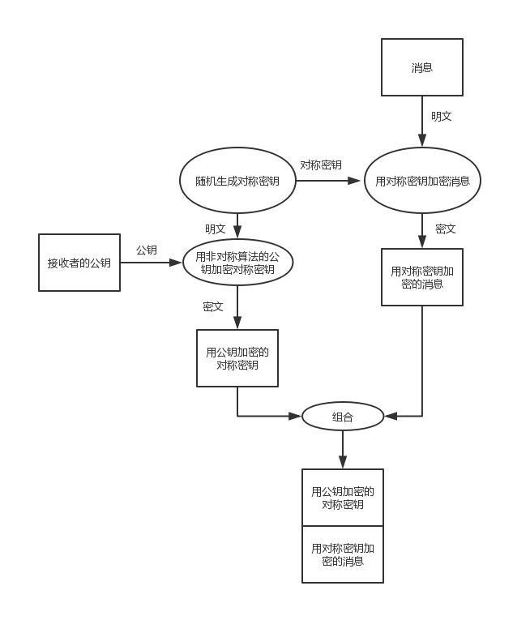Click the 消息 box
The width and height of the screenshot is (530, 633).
pyautogui.click(x=422, y=67)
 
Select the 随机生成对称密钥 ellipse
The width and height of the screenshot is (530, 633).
pyautogui.click(x=237, y=181)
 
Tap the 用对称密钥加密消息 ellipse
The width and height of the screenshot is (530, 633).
pyautogui.click(x=422, y=181)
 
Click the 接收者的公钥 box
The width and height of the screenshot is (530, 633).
pyautogui.click(x=79, y=263)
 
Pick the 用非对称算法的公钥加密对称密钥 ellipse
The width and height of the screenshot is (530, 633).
pyautogui.click(x=237, y=263)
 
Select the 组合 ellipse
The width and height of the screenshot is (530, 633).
pyautogui.click(x=343, y=417)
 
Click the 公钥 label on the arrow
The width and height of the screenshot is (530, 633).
pyautogui.click(x=147, y=250)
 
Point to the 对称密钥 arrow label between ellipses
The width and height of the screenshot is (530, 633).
pyautogui.click(x=321, y=165)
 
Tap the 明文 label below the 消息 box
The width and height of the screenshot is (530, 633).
pyautogui.click(x=442, y=117)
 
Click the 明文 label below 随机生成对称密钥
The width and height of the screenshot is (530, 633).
pyautogui.click(x=216, y=229)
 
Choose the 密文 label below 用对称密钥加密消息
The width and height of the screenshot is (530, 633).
pyautogui.click(x=446, y=229)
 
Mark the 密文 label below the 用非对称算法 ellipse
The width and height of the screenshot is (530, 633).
pyautogui.click(x=213, y=307)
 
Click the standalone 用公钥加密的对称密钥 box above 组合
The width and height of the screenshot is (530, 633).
pyautogui.click(x=237, y=358)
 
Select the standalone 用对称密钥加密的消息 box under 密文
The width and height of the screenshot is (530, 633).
pyautogui.click(x=422, y=277)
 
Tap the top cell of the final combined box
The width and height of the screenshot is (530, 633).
pyautogui.click(x=343, y=498)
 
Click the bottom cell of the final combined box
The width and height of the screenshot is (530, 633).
pyautogui.click(x=343, y=554)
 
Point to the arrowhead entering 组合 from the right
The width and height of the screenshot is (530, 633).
pyautogui.click(x=391, y=417)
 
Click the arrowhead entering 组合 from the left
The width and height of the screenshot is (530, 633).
pyautogui.click(x=296, y=417)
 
